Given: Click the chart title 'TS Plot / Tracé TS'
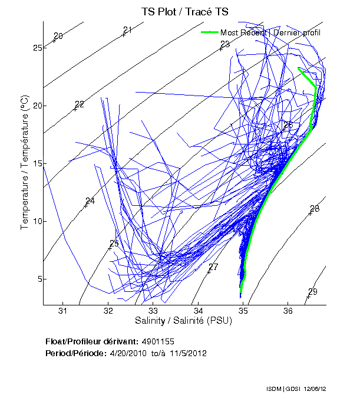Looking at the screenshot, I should (x=184, y=11).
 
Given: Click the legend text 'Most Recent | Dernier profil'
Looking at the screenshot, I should (x=270, y=32).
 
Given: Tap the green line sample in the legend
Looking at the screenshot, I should (x=210, y=32).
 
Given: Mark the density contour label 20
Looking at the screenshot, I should (x=58, y=37).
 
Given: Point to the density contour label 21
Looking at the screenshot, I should (x=128, y=30).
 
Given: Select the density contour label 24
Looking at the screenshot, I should (x=90, y=201).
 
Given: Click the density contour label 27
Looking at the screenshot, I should (x=213, y=267).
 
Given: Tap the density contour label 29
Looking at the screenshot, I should (x=313, y=292).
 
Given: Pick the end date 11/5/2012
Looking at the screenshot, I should (x=187, y=353).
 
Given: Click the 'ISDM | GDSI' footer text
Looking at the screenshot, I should (x=280, y=389).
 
